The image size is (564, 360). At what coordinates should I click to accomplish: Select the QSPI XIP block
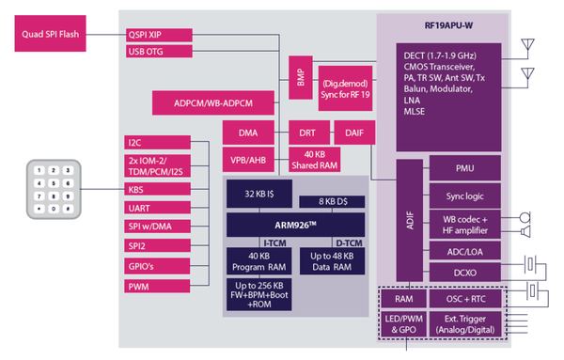coord(158,34)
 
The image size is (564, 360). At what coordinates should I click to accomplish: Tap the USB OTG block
coord(158,51)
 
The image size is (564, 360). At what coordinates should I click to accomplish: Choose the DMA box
coord(248,133)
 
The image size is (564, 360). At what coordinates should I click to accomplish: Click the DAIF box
coord(353,133)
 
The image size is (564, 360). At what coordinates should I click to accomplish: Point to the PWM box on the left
coord(158,285)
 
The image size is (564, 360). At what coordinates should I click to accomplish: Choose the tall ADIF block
coord(409,222)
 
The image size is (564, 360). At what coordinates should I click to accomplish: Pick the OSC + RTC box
coord(465,300)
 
